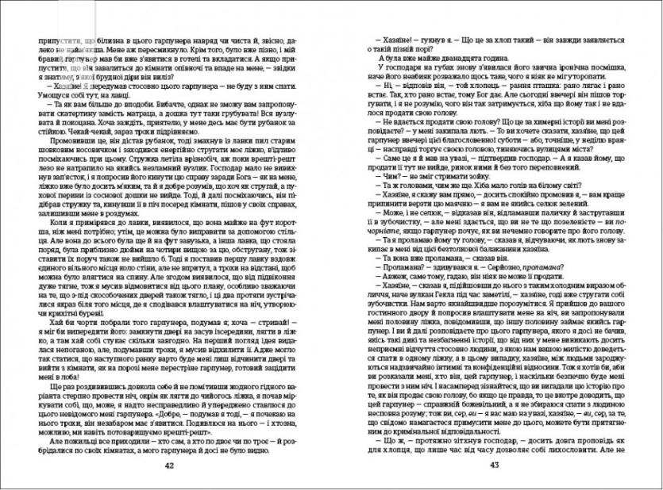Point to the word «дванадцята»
445,57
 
